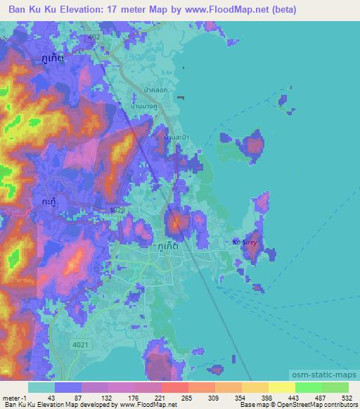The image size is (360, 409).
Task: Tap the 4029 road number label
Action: click(117, 209)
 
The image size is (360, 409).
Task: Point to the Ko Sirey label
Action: click(246, 242)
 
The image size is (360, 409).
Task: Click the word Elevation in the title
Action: click(97, 10)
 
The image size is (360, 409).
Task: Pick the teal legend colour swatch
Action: click(41, 387)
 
